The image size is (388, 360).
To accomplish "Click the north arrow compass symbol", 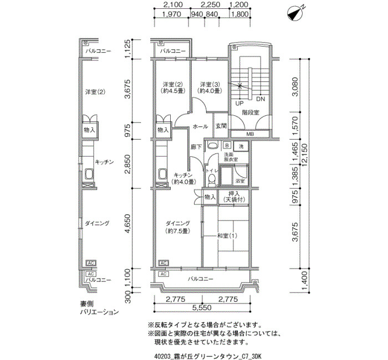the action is (x=295, y=14).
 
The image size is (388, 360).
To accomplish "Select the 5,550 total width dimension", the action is (x=202, y=307).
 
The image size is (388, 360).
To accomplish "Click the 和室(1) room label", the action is (x=227, y=235).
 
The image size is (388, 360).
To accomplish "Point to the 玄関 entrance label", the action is (x=221, y=126).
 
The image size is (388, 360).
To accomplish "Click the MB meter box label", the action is (x=250, y=134).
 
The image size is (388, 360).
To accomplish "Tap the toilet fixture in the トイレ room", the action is (x=211, y=180).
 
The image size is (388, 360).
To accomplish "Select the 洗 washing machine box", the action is (x=241, y=146).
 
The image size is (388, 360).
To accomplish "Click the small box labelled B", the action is (x=227, y=145).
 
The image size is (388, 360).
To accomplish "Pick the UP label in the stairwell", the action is (x=239, y=103).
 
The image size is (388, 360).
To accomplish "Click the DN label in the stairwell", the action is (x=261, y=99).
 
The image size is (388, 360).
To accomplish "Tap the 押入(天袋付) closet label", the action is (x=234, y=197).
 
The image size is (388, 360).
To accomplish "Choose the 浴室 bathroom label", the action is (x=240, y=181).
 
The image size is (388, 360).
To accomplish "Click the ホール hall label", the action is (x=200, y=127).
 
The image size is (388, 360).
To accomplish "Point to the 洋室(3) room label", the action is (x=209, y=88).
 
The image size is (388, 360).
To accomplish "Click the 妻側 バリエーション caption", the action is (x=99, y=308).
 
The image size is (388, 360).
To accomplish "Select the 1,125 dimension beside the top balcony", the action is (x=127, y=49).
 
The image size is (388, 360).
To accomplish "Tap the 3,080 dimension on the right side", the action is (x=295, y=86).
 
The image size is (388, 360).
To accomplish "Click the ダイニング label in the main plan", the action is (x=177, y=223).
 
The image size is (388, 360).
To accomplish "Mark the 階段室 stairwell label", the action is (x=251, y=112).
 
